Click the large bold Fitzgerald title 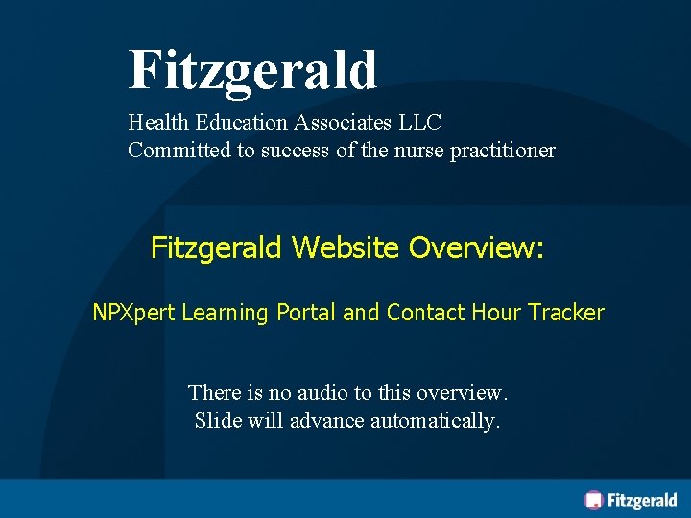(x=252, y=70)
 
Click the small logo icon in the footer (x=594, y=500)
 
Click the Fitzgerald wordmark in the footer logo (x=642, y=500)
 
